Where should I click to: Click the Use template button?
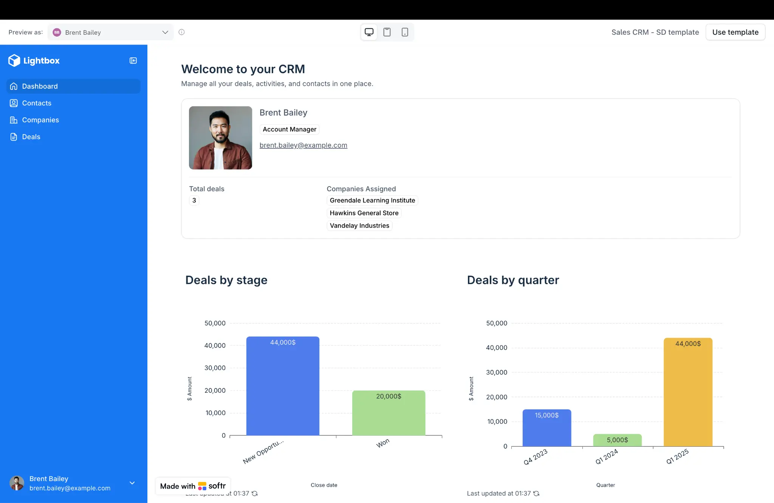(x=735, y=32)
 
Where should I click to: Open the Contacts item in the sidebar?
(x=36, y=103)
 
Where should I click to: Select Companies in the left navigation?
(x=40, y=120)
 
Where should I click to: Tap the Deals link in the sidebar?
(x=31, y=137)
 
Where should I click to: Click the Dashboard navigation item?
(x=40, y=86)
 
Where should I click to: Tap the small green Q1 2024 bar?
(x=617, y=440)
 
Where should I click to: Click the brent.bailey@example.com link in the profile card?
(x=303, y=145)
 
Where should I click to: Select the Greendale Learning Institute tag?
(x=372, y=201)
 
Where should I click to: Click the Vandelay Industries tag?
(x=359, y=226)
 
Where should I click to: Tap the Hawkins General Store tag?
(x=364, y=213)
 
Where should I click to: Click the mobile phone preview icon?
(x=405, y=32)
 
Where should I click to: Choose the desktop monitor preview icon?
(x=369, y=32)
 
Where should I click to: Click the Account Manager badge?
(x=289, y=130)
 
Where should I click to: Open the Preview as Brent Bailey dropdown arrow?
(x=165, y=32)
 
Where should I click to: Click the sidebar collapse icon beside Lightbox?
(x=133, y=61)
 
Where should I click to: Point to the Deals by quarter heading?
(x=513, y=280)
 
